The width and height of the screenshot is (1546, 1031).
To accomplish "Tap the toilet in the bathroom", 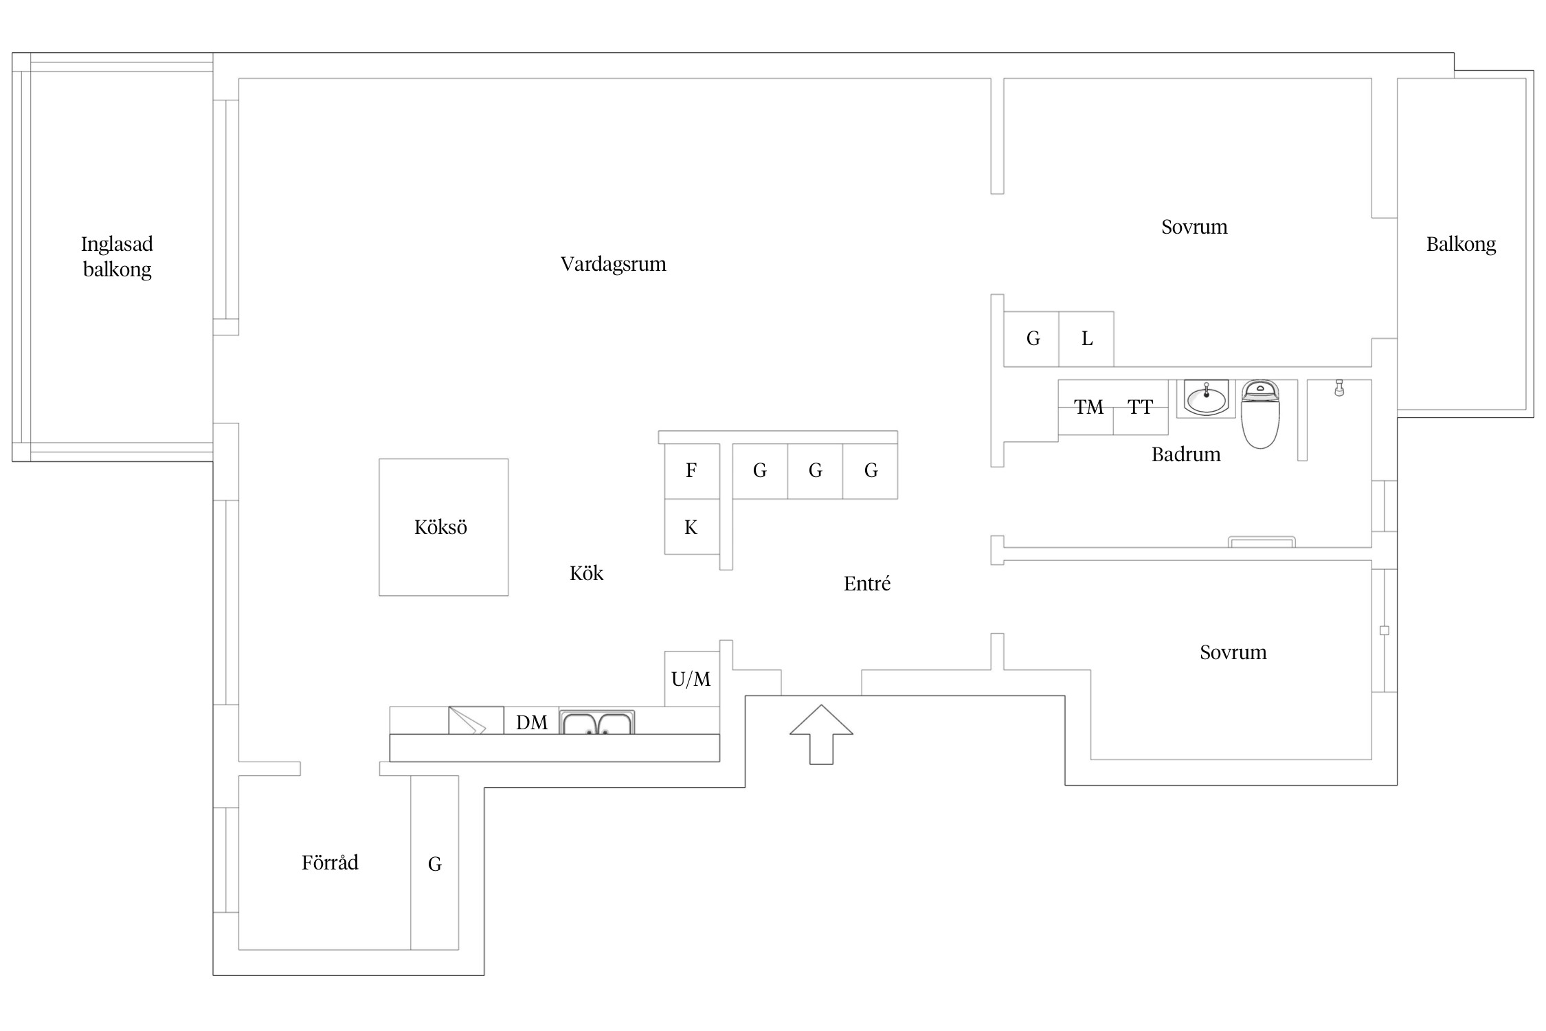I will coord(1260,415).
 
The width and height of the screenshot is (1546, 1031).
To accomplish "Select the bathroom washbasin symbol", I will coord(1206,399).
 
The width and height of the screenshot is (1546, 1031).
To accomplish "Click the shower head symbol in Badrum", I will coord(1338,388).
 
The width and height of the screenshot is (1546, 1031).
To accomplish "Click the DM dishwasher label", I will coord(532,722).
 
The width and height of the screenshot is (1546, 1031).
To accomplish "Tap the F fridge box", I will coord(691,471).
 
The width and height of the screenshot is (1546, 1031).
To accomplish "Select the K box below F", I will coord(691,527).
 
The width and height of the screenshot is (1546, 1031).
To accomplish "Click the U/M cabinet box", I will coord(691,679).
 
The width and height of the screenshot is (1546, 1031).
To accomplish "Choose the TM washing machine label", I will coord(1089,408).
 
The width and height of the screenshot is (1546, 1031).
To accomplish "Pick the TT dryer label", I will coord(1140,408).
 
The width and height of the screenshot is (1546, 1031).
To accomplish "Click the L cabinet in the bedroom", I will coord(1086,339).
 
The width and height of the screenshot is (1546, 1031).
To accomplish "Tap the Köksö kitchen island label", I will coord(440,527).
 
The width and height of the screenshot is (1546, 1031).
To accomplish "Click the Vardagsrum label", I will coord(613,264).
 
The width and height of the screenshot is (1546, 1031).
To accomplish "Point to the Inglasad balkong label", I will coord(117,256).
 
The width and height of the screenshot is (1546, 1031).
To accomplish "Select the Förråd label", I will coord(330,863).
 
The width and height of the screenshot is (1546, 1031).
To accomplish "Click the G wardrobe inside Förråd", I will coord(434,864).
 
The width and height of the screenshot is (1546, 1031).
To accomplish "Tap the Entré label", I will coord(866,584).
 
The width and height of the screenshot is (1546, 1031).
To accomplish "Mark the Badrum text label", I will coord(1186,454).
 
